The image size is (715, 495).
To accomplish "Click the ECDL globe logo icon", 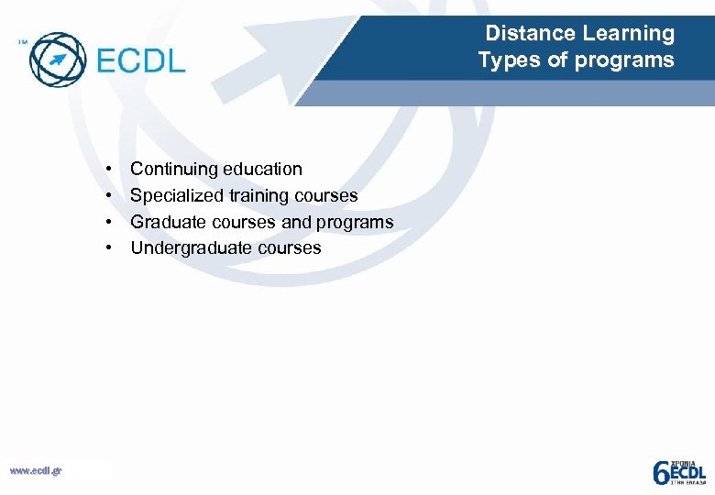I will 57,60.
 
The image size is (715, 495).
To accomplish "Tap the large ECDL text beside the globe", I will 140,60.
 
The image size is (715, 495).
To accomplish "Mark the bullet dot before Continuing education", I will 109,170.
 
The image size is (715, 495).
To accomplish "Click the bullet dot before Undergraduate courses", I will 109,248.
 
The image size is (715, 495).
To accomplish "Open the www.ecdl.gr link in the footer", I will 35,471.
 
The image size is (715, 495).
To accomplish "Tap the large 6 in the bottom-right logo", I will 660,472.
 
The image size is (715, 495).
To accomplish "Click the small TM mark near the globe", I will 22,41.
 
